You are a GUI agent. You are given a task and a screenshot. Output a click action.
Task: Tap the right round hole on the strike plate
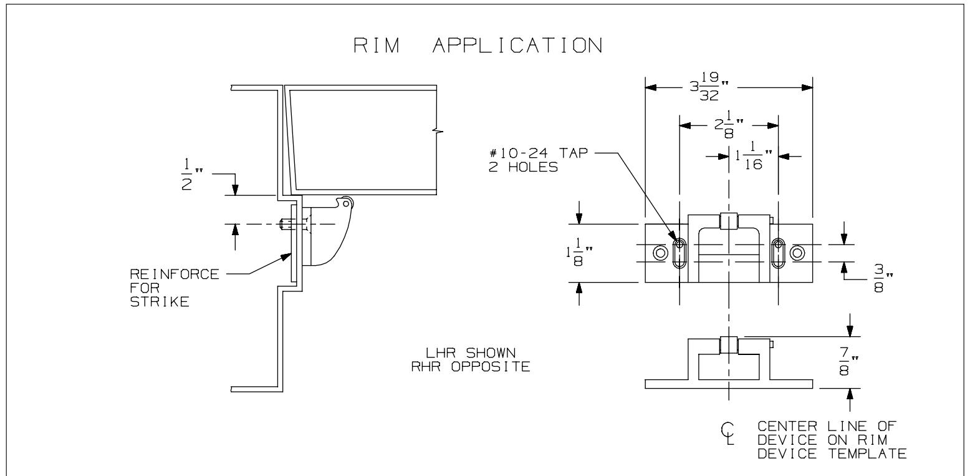[x=796, y=253]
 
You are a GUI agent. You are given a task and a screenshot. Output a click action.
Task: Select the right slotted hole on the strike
[x=777, y=253]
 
